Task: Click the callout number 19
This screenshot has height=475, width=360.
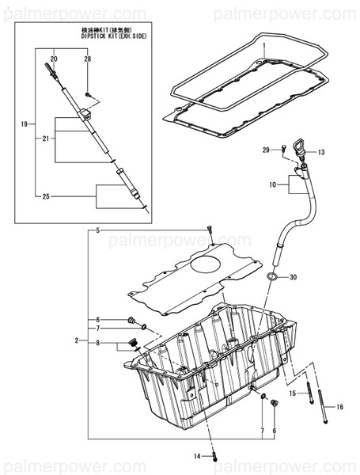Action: point(24,124)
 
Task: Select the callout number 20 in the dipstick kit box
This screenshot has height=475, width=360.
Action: point(54,59)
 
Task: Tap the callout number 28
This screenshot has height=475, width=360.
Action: point(87,59)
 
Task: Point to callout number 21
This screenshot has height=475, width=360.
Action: point(45,139)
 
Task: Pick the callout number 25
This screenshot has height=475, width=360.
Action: point(44,196)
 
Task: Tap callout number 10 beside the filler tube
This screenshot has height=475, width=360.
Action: point(273,184)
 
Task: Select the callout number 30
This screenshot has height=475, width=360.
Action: point(293,277)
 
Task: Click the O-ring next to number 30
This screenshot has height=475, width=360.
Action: point(272,277)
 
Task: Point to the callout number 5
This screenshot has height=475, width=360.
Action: point(98,230)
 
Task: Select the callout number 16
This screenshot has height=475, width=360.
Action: point(340,407)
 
